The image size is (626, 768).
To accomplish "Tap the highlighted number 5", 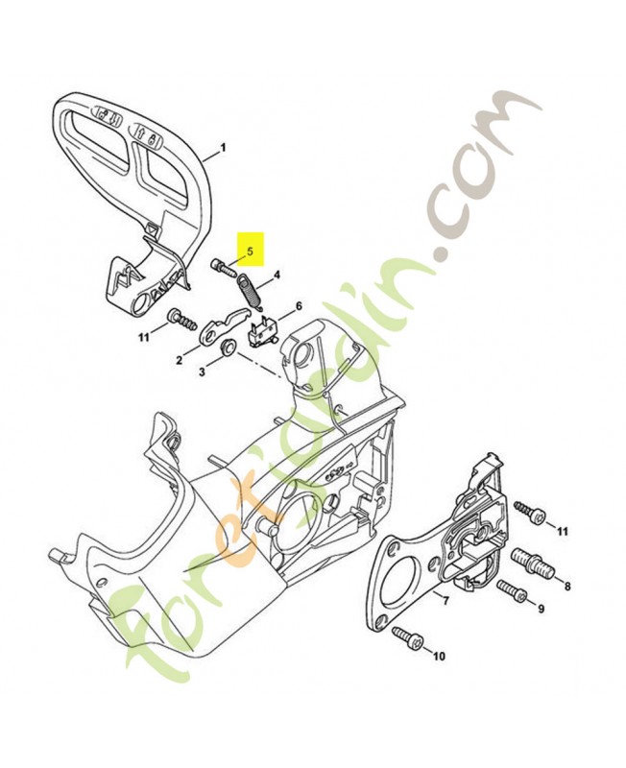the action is click(x=250, y=252).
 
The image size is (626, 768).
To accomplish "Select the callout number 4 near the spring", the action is click(x=277, y=275).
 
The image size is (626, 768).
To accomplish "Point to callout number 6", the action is click(x=298, y=307).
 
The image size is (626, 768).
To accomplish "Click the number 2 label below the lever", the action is click(x=180, y=361).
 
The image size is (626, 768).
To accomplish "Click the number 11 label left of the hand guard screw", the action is click(x=143, y=337).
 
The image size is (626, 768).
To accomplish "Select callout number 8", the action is click(x=567, y=586).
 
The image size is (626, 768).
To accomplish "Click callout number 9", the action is click(x=542, y=609).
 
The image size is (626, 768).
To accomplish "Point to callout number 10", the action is click(x=440, y=656).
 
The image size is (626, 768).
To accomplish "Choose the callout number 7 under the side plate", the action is click(x=445, y=599).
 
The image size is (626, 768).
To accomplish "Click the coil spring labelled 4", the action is click(x=251, y=292).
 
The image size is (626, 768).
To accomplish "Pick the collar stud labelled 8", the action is click(x=532, y=564).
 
